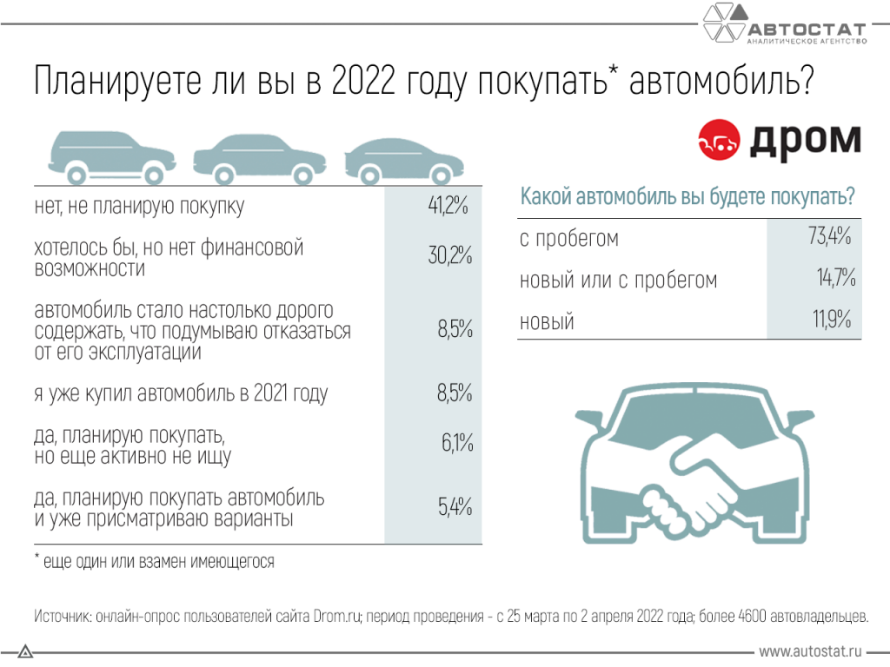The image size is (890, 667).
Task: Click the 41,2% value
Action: click(x=448, y=207)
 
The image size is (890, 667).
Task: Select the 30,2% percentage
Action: click(x=448, y=256)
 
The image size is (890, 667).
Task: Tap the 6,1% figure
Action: click(x=456, y=444)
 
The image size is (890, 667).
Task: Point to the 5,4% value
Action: click(x=454, y=506)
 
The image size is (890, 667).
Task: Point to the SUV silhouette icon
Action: click(x=105, y=157)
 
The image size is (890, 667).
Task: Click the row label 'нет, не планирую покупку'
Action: click(x=138, y=207)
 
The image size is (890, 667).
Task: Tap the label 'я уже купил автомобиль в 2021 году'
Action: click(x=180, y=393)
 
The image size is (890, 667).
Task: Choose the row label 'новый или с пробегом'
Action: click(x=618, y=280)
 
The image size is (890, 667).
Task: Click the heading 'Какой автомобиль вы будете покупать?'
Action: click(x=687, y=197)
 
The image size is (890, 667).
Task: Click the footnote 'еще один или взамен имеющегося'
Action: click(x=157, y=561)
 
